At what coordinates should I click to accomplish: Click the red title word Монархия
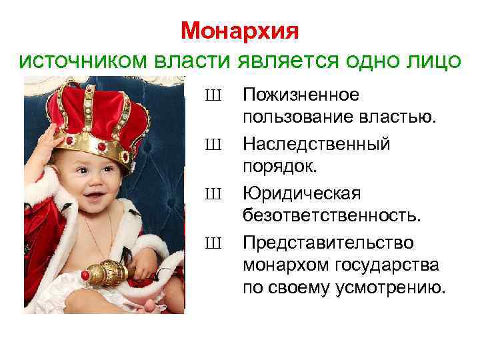[x=239, y=31]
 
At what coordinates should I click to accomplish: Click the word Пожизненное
[x=301, y=95]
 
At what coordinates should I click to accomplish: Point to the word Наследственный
[x=317, y=144]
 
